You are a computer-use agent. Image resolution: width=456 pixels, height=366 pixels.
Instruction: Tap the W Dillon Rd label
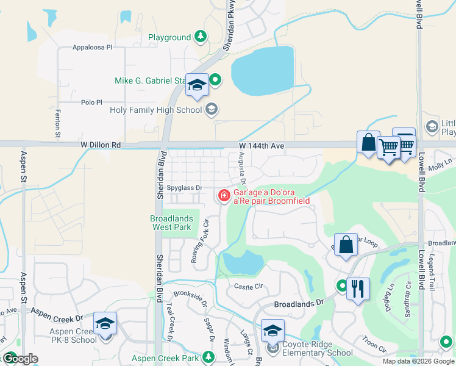(x=100, y=145)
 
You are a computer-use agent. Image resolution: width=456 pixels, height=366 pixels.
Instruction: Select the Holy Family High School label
(x=155, y=110)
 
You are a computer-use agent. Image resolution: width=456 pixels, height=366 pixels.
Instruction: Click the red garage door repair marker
(x=224, y=195)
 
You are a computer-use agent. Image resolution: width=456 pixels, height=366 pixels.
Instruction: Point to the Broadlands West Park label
(x=172, y=223)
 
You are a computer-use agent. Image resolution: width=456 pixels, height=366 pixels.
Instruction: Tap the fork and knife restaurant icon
(x=358, y=287)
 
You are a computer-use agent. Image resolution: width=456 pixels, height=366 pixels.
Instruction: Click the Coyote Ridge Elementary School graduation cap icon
(x=273, y=331)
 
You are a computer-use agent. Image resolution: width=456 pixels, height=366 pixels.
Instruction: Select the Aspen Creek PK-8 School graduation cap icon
(x=105, y=323)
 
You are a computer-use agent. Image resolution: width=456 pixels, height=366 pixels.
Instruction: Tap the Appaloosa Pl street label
(x=93, y=47)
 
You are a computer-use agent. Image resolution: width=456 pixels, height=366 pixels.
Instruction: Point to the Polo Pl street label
(x=91, y=103)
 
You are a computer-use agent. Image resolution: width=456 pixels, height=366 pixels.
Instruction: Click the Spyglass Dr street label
(x=180, y=188)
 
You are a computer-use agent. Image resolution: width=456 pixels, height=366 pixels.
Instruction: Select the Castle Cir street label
(x=248, y=285)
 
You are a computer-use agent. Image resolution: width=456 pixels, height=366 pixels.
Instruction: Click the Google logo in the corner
(x=20, y=359)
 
